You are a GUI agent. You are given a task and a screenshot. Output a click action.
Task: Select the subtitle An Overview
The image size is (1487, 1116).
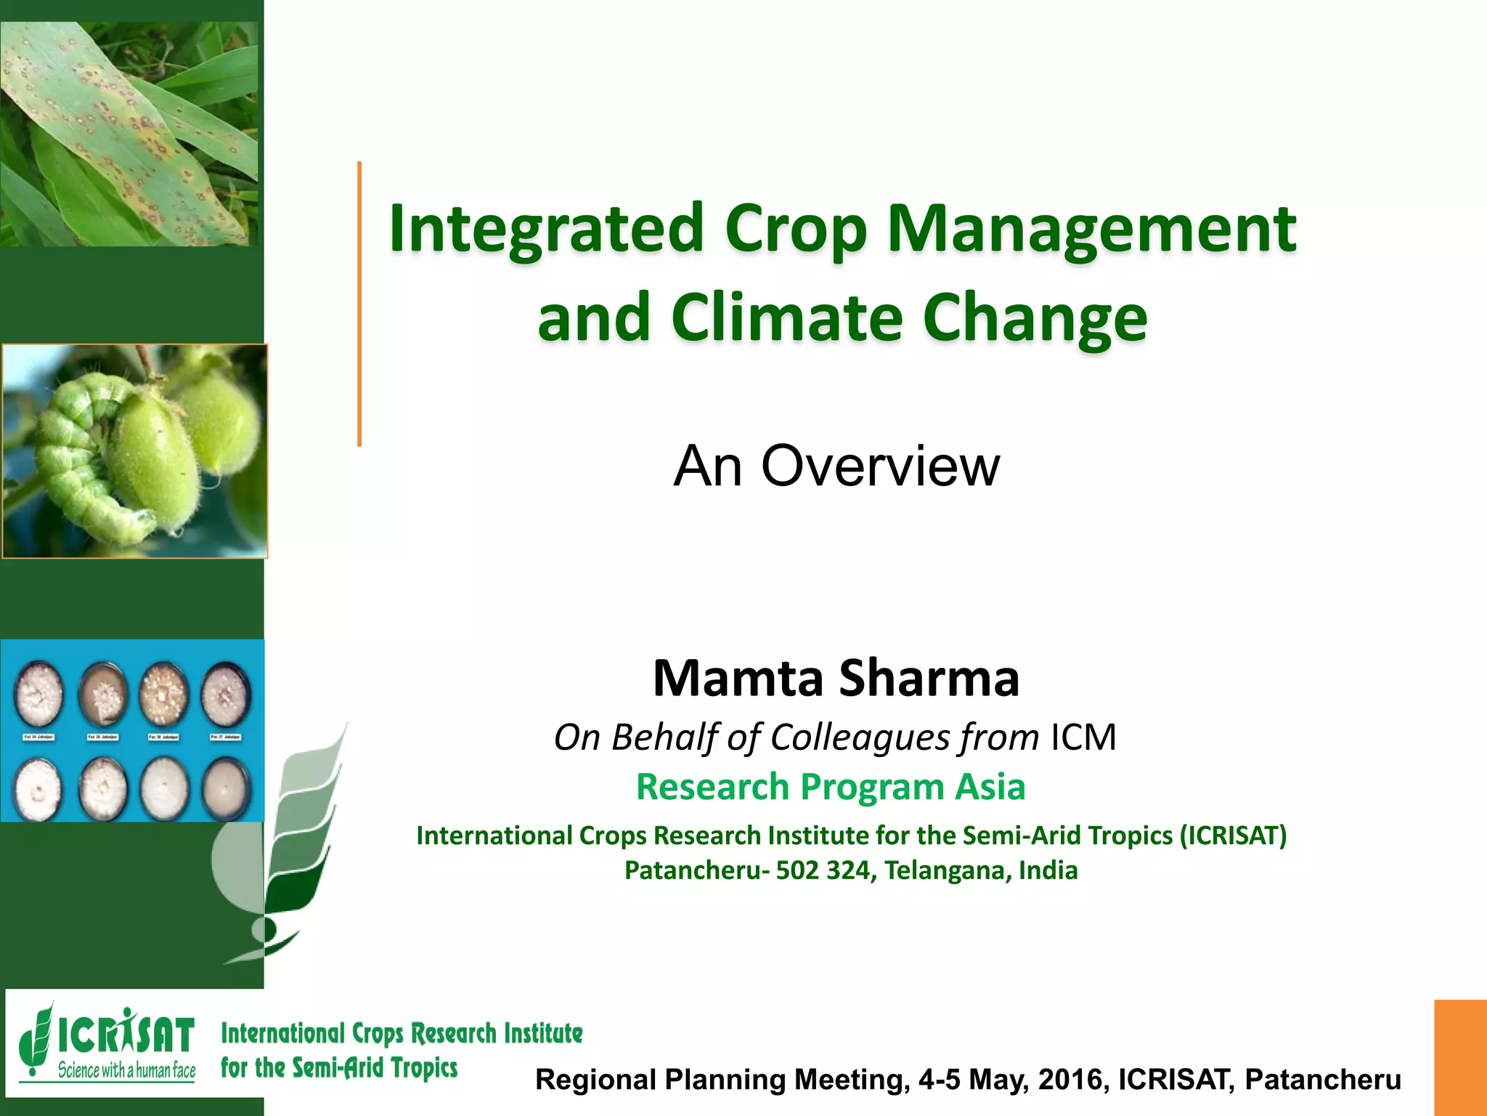(836, 466)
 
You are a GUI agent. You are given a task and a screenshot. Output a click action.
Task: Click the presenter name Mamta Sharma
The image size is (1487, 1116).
(836, 678)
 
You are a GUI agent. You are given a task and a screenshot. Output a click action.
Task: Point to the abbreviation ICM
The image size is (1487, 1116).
(1083, 737)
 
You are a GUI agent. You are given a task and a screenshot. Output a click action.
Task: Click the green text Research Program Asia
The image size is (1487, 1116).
(831, 787)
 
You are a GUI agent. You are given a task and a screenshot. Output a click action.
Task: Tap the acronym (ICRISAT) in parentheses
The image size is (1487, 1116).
(1232, 836)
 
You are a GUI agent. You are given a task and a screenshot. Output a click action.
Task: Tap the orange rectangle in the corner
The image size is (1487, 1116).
(1459, 1057)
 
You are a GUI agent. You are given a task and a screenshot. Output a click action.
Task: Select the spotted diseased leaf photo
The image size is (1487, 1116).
(128, 134)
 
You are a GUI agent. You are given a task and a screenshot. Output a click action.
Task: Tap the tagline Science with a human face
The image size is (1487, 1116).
(126, 1070)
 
